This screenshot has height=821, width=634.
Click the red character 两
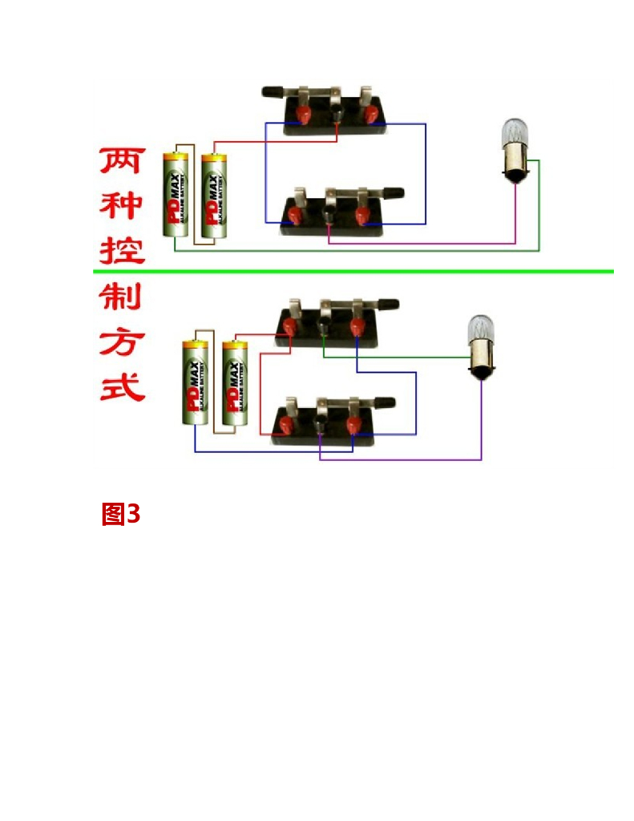(122, 160)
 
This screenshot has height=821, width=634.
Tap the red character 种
(122, 205)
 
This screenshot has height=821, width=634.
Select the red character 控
(122, 250)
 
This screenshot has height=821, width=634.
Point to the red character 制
(120, 298)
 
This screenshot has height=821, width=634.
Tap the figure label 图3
(120, 514)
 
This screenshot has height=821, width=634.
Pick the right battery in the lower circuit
(234, 383)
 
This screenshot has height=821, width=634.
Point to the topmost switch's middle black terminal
(337, 117)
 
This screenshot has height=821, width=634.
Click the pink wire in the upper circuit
(425, 242)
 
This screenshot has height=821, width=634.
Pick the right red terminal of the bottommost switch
(353, 425)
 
